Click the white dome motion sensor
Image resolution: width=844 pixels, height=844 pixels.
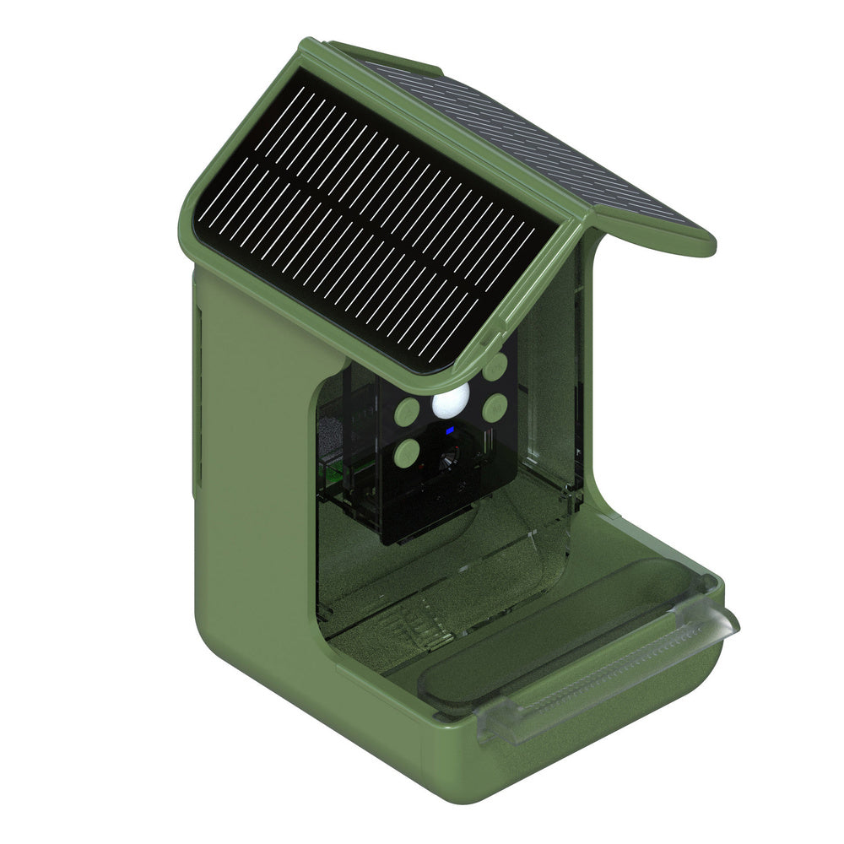pos(450,403)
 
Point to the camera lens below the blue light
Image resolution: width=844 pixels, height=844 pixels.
pos(447,458)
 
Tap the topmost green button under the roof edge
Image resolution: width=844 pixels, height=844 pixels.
pos(495,366)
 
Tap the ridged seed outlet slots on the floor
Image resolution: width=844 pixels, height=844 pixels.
pos(414,629)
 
